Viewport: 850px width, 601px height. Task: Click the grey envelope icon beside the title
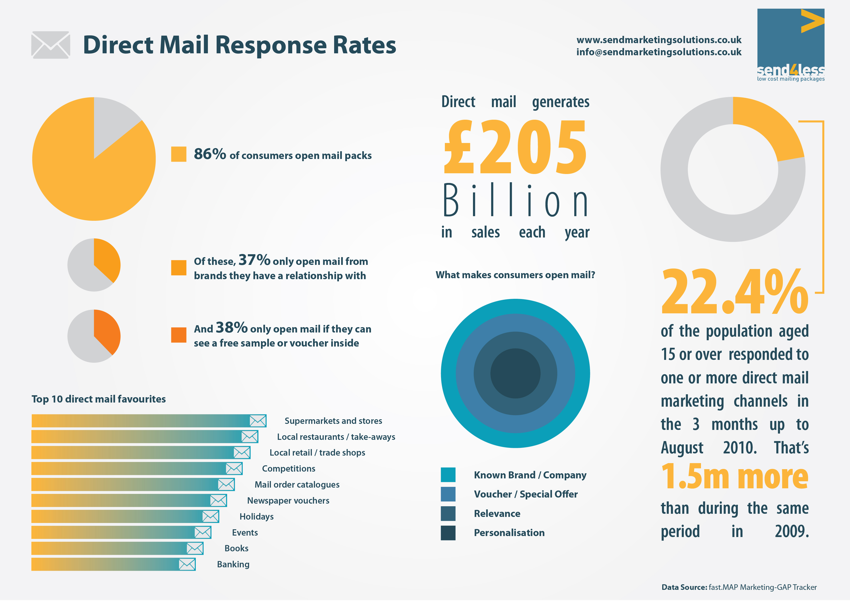[x=51, y=45]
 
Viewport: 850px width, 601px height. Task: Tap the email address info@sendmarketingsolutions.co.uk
[x=659, y=52]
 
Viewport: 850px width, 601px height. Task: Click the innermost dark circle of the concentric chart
[x=515, y=373]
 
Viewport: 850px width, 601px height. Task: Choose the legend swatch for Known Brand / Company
[x=448, y=475]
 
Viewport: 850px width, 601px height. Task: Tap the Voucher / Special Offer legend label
[x=526, y=494]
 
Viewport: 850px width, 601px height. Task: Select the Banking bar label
[x=233, y=564]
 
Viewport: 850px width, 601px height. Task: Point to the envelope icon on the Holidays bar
[x=210, y=516]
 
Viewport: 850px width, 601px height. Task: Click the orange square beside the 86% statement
[x=178, y=154]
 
